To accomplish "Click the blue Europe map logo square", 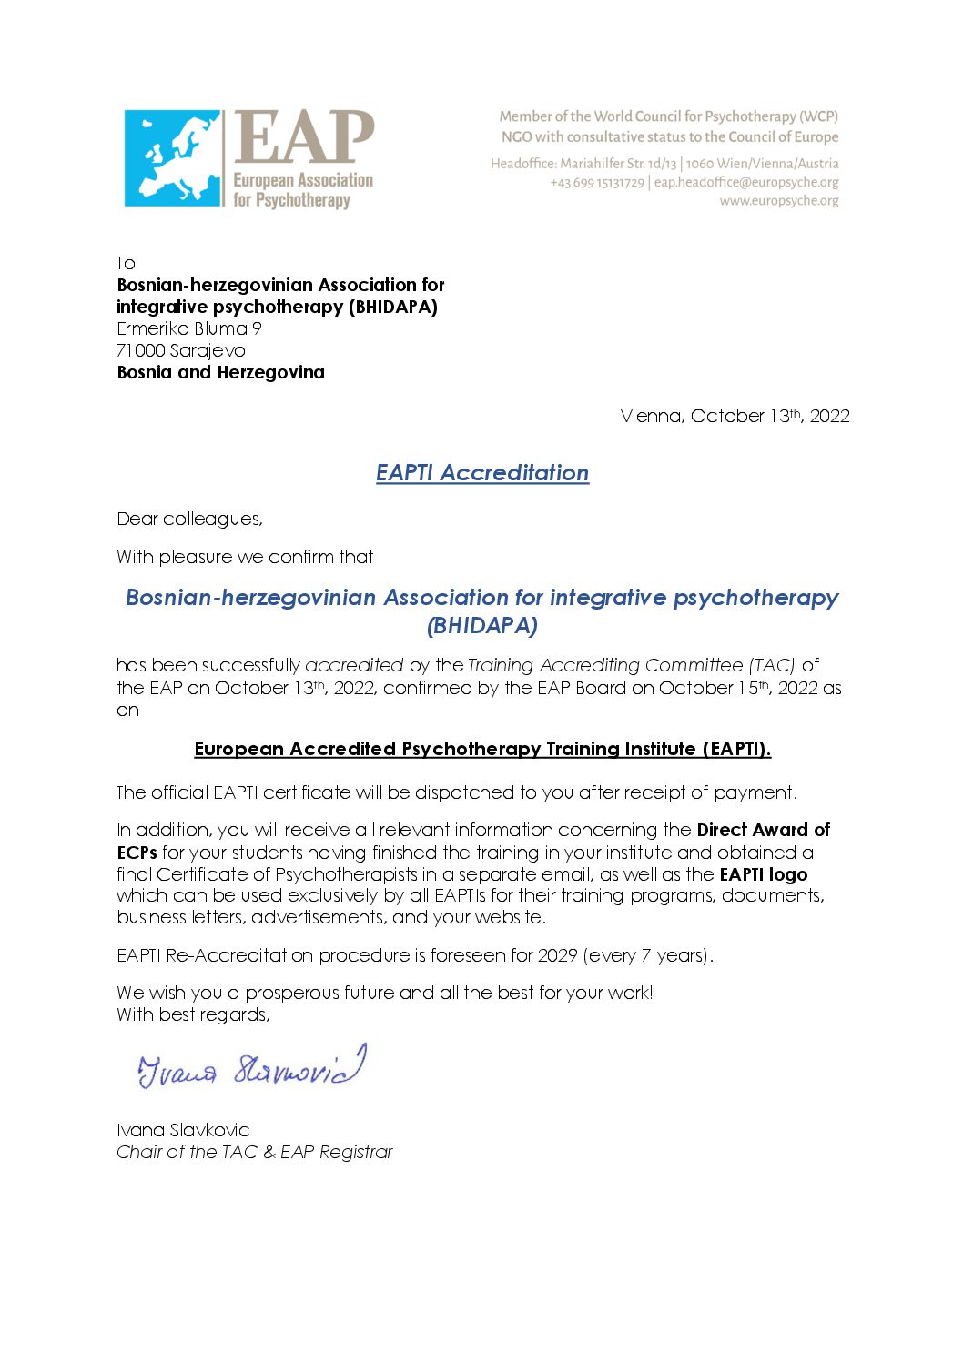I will [173, 158].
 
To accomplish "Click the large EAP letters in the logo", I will [304, 138].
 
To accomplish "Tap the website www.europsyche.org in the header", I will [779, 201].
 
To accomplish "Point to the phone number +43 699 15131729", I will [596, 182].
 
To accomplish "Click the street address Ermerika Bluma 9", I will [189, 328].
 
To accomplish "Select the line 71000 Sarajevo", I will [181, 350].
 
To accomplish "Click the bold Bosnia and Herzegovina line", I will [220, 372].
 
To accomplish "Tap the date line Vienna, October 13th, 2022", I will [735, 416].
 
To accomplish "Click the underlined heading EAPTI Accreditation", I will [482, 473].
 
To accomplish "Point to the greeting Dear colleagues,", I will [189, 519].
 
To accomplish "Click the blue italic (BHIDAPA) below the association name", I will [482, 625].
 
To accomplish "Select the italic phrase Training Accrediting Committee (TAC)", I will [632, 665].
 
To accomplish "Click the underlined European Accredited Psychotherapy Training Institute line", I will [482, 749].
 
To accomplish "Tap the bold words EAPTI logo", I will [763, 874].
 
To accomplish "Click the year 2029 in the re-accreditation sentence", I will [557, 955].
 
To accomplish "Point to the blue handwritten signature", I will [252, 1067].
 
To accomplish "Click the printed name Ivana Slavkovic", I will [183, 1130].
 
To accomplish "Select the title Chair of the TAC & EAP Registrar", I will [255, 1152].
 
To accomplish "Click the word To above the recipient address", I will [126, 263].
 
